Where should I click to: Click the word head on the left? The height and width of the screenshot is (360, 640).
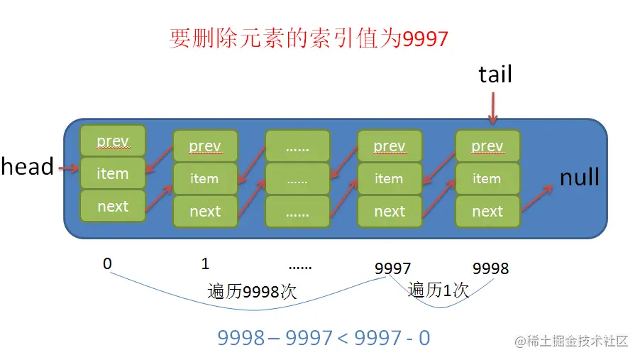(x=27, y=167)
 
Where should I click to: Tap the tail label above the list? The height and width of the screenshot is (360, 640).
(x=495, y=74)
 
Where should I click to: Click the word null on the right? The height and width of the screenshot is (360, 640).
(x=580, y=177)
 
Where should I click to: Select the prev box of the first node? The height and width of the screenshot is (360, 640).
(x=113, y=141)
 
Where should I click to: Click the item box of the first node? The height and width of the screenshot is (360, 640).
(x=113, y=173)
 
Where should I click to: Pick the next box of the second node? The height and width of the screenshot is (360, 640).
(x=205, y=211)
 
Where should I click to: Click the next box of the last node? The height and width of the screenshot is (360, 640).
(x=487, y=211)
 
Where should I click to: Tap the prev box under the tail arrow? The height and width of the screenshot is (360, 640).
(x=487, y=146)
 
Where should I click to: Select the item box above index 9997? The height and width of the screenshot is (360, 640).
(x=389, y=179)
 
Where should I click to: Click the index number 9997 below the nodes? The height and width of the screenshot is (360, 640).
(x=393, y=268)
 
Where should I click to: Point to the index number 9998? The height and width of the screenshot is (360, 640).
(x=491, y=268)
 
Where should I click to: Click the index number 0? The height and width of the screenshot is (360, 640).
(x=107, y=264)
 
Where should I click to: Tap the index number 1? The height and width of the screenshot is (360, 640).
(x=205, y=264)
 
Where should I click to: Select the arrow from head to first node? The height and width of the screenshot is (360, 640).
(x=67, y=168)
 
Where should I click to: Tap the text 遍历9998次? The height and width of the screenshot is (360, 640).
(x=252, y=292)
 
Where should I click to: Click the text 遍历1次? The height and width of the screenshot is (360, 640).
(x=438, y=290)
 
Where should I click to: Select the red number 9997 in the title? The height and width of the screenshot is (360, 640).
(x=426, y=38)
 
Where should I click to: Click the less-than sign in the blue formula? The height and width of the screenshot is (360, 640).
(x=343, y=338)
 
